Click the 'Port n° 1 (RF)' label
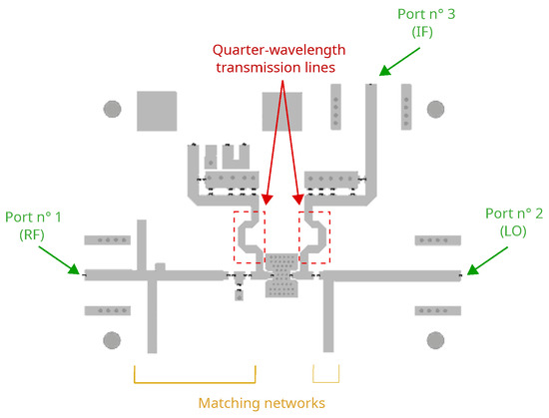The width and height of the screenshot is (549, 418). coord(33,223)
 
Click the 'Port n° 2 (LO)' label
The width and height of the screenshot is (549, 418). coord(513,223)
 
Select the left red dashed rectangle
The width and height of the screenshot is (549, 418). coord(250,237)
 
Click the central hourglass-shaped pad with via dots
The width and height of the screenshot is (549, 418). coord(281,274)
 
